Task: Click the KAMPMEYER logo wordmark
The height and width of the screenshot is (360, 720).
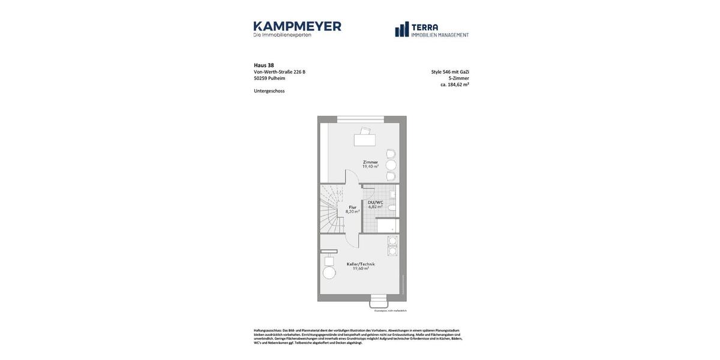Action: tap(297, 26)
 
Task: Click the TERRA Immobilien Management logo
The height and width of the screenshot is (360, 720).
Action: tap(431, 29)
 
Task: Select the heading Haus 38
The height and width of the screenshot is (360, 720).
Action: tap(264, 65)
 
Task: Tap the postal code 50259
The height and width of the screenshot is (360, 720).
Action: tap(260, 78)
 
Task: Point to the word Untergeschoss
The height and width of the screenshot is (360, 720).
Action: tap(269, 91)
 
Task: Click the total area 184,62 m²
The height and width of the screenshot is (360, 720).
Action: tap(458, 85)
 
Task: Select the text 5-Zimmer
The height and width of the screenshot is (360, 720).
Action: tap(459, 78)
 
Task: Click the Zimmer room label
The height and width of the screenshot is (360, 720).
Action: tap(370, 162)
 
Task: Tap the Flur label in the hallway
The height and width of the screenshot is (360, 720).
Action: tap(353, 207)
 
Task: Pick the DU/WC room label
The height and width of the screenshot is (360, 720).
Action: tap(376, 202)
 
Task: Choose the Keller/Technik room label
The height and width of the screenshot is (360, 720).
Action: tap(361, 264)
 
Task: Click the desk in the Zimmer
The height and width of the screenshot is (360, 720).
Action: tap(364, 140)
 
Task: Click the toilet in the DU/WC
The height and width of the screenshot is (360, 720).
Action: tap(392, 208)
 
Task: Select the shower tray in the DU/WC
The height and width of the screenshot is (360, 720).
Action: tap(388, 226)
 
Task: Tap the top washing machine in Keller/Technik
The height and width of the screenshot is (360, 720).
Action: tap(392, 241)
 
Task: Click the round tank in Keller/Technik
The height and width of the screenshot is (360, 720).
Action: tap(329, 273)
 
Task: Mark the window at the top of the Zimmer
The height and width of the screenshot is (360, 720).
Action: tap(360, 119)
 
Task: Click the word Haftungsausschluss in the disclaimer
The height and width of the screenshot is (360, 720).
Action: tap(268, 331)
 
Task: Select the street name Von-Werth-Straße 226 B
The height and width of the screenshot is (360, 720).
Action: tap(280, 72)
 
